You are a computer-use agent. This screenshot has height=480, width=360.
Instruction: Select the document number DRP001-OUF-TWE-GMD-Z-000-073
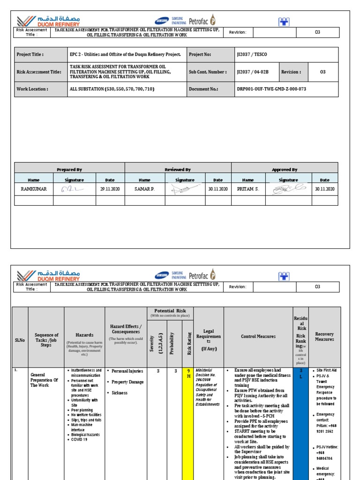[x=271, y=89]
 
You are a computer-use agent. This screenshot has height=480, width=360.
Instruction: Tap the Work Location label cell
[x=32, y=89]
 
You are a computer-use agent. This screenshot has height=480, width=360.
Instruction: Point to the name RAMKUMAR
[x=34, y=189]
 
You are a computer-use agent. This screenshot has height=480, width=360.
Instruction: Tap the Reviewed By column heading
[x=178, y=170]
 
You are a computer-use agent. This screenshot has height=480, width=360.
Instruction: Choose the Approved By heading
[x=285, y=170]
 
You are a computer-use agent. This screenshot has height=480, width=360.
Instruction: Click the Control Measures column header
[x=258, y=336]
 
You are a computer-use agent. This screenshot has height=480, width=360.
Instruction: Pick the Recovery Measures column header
[x=324, y=336]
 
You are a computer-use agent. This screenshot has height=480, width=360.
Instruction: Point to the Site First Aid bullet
[x=326, y=370]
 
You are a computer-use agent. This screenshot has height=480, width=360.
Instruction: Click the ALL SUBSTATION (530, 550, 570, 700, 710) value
[x=112, y=89]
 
